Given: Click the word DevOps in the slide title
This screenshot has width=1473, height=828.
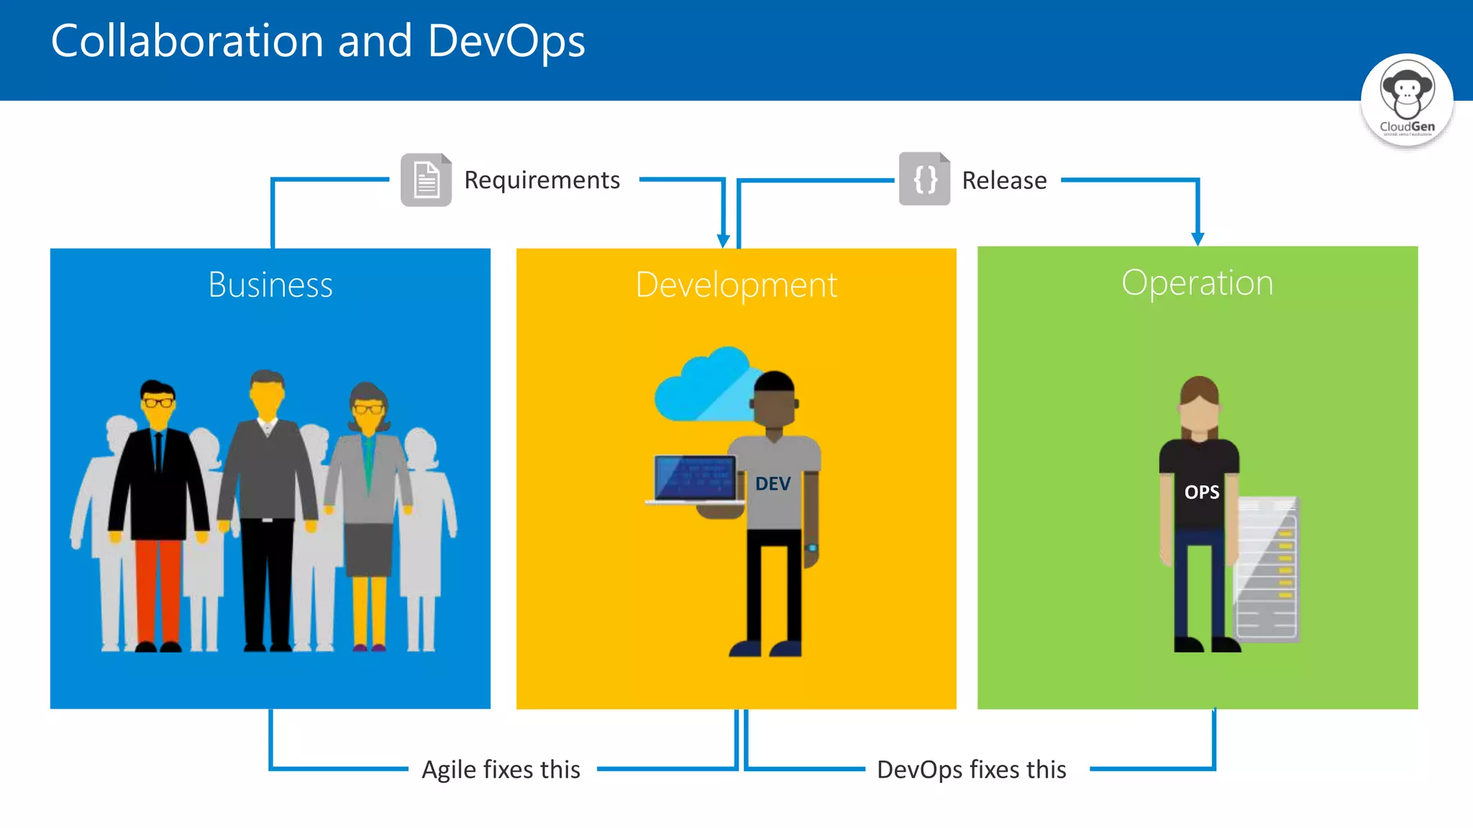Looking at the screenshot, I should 506,41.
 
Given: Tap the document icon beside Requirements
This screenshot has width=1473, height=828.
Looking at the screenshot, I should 426,180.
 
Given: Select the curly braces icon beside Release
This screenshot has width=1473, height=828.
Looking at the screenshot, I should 925,179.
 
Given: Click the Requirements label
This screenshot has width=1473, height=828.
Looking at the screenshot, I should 542,180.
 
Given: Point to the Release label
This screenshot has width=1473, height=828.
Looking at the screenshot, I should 1004,180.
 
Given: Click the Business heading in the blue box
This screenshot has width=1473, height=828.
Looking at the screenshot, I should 270,285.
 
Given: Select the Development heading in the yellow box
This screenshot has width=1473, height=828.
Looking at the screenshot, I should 736,285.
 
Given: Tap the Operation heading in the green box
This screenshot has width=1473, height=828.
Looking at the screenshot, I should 1198,282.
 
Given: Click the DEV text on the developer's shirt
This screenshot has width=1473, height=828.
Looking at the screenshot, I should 773,484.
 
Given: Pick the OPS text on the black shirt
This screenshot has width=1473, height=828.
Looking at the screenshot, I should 1202,492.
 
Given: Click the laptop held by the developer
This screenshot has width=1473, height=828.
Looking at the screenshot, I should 695,479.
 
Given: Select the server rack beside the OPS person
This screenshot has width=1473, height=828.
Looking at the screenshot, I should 1268,568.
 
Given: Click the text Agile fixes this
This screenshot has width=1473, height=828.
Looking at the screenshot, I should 501,769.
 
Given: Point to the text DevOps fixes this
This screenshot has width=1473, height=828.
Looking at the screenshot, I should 971,769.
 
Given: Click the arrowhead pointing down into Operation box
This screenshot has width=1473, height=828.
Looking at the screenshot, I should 1198,239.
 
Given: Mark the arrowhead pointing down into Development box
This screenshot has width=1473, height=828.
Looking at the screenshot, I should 724,241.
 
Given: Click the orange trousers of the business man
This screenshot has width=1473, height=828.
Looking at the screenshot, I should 158,589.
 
